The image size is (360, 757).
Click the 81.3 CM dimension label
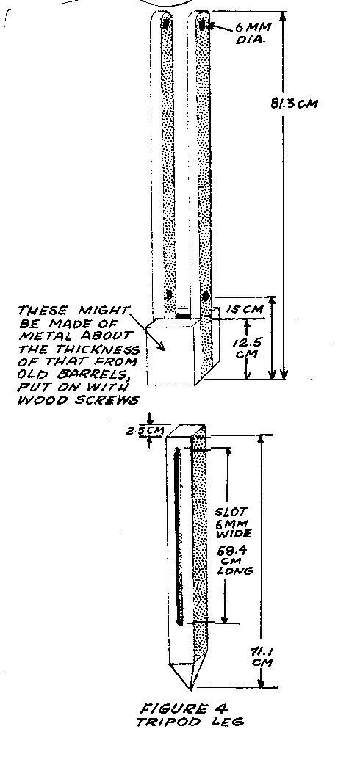coord(295,104)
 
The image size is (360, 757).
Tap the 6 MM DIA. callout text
coord(252,33)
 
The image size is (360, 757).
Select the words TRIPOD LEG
coord(189,722)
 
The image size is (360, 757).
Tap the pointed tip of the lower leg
coord(191,690)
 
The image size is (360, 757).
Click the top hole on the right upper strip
coord(204,23)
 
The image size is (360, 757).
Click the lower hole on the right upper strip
coord(205,296)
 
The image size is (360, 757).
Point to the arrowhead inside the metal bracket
coord(163,346)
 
